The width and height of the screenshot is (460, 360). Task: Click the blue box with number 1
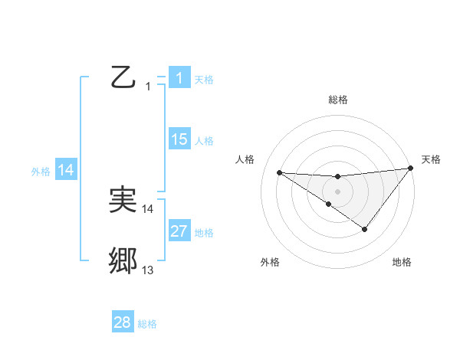[x=179, y=77]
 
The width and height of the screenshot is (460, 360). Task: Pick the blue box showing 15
[x=179, y=139]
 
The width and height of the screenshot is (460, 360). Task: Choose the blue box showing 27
[x=179, y=231]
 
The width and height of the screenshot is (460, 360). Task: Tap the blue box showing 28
[x=123, y=322]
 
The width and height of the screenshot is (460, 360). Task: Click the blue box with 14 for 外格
[x=67, y=170]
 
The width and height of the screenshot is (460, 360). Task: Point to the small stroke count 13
[x=148, y=270]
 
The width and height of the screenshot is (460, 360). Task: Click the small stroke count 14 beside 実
[x=148, y=208]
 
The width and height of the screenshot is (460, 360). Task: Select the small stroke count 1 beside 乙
[x=148, y=87]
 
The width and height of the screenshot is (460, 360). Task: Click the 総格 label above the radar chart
[x=338, y=100]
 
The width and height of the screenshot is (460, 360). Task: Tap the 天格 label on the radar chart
[x=431, y=159]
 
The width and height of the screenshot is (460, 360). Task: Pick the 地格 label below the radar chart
[x=402, y=262]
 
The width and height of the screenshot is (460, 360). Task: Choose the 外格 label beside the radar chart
[x=270, y=262]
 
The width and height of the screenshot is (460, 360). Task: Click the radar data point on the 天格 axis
[x=410, y=168]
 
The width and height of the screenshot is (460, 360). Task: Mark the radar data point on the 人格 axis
[x=279, y=172]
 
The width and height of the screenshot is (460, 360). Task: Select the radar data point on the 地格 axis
[x=365, y=229]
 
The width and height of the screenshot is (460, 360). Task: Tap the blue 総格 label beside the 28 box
[x=148, y=324]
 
